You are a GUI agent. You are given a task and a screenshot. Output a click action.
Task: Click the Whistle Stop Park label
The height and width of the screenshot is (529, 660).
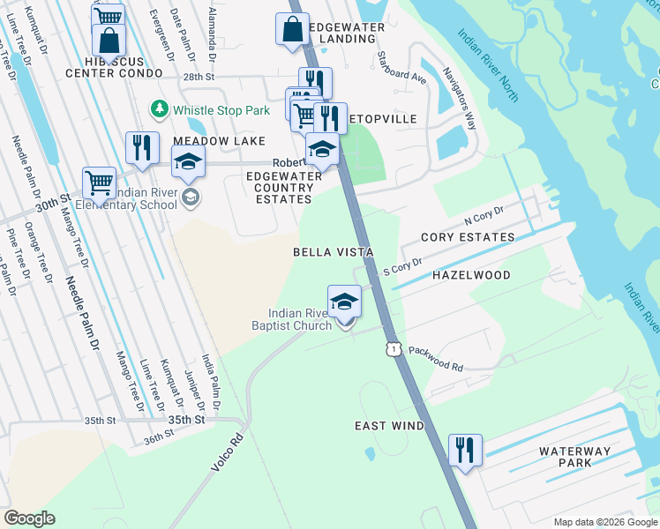click(x=221, y=110)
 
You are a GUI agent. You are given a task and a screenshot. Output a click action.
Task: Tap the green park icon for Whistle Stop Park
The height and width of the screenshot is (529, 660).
click(x=160, y=109)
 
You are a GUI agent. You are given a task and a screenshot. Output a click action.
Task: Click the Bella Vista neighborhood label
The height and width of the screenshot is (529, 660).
click(x=334, y=252)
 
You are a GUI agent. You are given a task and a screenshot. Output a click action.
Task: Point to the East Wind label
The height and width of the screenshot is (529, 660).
click(x=389, y=426)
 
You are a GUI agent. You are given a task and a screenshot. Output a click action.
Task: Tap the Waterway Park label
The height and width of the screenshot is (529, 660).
click(x=574, y=458)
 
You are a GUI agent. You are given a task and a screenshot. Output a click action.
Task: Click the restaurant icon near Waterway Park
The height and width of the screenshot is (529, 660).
click(x=464, y=449)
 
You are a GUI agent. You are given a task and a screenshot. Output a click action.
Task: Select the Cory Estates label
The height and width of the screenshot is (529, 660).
click(x=468, y=238)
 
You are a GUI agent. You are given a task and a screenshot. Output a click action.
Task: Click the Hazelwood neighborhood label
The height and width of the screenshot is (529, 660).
click(x=471, y=276)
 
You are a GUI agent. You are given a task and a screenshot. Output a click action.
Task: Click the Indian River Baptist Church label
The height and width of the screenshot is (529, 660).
click(x=301, y=319)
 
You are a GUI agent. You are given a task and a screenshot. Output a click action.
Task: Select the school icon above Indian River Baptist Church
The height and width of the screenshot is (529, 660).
click(x=344, y=300)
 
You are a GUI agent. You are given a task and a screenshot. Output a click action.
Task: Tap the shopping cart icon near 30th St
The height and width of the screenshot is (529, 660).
click(x=99, y=183)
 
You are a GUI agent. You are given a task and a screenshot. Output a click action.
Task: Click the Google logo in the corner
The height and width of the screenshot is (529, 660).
click(x=29, y=518)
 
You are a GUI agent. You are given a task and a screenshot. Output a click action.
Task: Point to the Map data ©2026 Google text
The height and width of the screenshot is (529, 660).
click(x=604, y=521)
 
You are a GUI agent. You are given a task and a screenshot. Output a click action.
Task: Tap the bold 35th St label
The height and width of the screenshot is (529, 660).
click(x=186, y=421)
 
